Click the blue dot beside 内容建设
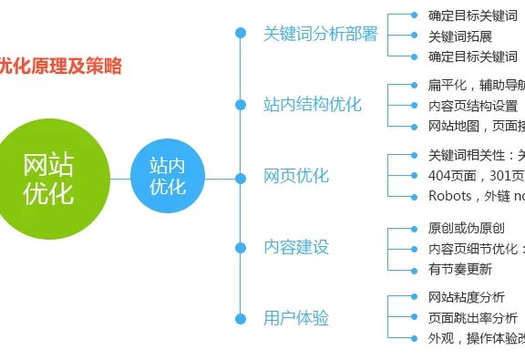(x=241, y=247)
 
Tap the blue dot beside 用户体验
(x=241, y=318)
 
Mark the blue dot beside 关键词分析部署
(x=241, y=33)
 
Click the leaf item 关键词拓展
(x=460, y=36)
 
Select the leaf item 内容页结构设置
(x=473, y=106)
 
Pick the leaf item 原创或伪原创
(x=466, y=228)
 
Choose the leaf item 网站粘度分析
(x=466, y=298)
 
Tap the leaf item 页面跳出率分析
(x=473, y=318)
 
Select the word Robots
(x=450, y=195)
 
